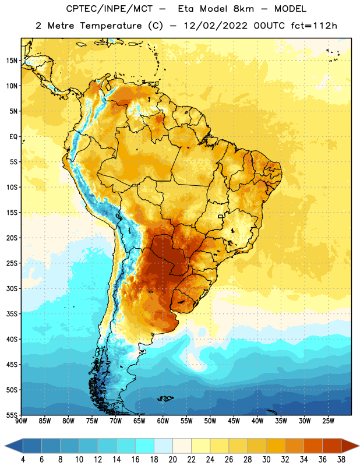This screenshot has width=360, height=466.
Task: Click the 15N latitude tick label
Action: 12,61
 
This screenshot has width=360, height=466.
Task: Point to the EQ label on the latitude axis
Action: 13,137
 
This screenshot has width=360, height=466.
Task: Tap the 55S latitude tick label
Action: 12,415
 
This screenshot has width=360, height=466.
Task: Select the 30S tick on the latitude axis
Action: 12,288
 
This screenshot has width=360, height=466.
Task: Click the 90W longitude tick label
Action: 21,421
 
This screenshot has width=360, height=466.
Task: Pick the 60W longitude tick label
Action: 163,421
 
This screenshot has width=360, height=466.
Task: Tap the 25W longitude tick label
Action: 328,421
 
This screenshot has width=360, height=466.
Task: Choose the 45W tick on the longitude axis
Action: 234,421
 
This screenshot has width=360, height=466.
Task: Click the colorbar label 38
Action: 341,460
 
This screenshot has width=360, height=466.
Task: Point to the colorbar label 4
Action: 23,460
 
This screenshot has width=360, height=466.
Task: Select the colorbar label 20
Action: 172,460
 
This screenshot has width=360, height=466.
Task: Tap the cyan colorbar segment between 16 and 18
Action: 144,446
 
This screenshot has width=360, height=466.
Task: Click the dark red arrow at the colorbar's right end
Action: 350,446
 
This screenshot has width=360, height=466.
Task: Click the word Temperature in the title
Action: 111,26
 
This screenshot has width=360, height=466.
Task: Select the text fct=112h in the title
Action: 314,26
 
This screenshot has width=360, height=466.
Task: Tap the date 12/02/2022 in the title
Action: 216,26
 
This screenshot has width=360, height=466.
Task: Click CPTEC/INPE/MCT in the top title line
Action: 110,9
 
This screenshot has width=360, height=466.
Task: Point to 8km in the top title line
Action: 243,9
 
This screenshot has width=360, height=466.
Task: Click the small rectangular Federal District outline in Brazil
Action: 221,216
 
